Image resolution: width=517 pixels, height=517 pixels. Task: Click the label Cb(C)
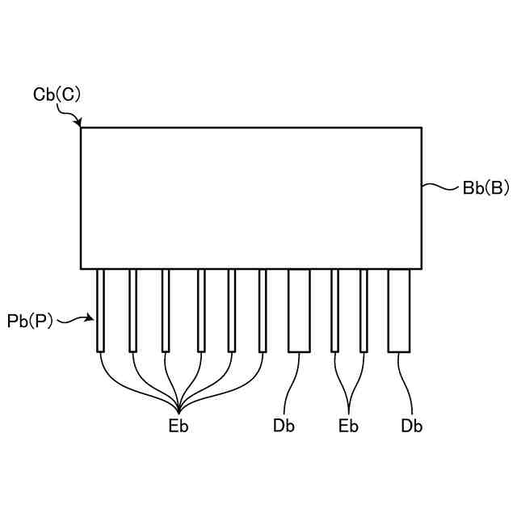coord(57,94)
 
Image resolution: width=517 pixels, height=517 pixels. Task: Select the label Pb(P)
coord(30,321)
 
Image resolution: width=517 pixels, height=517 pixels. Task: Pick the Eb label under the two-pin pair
coord(348,426)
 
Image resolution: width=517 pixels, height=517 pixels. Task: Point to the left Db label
coord(284,426)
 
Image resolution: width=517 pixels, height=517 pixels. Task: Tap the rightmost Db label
coord(411,426)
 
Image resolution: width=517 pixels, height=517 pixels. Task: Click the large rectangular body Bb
coord(250,197)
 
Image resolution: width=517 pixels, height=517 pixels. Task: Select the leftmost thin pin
coord(100,310)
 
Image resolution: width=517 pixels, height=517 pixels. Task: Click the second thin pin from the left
coord(132,310)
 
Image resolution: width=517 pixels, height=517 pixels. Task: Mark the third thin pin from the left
coord(165,310)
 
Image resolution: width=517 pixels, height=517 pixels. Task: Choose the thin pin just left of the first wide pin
coord(263,310)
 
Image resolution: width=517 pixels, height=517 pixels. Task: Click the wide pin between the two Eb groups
coord(299,310)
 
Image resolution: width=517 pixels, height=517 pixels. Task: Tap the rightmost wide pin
coord(399,310)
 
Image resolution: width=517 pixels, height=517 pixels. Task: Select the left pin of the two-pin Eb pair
coord(334,310)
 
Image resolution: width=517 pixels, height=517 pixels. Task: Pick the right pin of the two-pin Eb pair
coord(364,310)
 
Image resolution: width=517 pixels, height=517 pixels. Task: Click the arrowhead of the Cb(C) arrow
coord(79,124)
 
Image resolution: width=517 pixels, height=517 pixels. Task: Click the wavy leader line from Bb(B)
coord(440,188)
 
